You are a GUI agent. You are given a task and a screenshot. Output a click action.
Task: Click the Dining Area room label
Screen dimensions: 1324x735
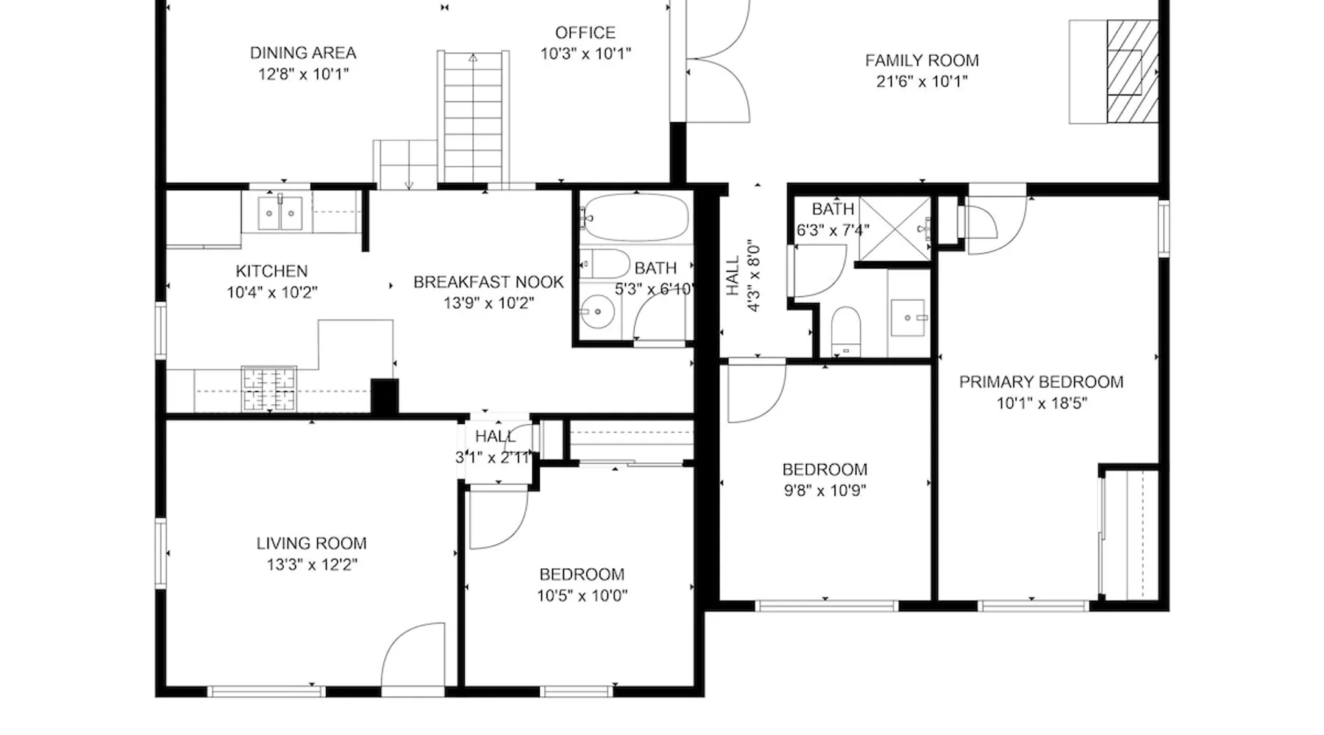303,53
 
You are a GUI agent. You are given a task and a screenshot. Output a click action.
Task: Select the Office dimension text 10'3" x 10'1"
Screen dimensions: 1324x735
586,54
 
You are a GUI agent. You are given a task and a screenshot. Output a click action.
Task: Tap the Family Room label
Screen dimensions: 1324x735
922,60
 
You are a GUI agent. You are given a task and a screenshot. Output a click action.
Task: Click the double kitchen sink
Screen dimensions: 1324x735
280,213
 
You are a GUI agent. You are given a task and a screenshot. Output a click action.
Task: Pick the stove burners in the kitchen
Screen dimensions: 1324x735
269,389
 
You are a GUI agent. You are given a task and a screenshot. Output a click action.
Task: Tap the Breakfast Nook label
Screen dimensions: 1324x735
488,282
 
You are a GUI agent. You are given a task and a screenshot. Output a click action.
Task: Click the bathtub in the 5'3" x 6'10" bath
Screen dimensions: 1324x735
635,218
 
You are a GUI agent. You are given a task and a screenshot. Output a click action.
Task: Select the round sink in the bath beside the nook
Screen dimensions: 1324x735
597,312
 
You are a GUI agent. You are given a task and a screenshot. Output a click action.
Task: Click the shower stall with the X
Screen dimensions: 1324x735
895,229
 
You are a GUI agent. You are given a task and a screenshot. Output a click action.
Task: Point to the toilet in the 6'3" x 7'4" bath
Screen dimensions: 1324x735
846,330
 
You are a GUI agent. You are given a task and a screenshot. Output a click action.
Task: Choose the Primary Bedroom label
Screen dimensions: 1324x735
1041,382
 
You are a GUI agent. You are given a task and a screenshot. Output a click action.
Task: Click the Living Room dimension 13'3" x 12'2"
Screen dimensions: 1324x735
312,565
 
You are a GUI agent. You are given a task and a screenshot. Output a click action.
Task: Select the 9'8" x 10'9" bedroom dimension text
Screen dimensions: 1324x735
825,490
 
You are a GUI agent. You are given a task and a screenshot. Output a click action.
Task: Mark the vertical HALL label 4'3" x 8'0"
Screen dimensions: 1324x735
743,276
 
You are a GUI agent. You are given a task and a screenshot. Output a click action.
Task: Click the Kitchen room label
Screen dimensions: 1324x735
271,271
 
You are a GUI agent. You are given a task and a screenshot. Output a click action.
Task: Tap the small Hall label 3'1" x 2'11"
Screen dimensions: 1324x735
495,437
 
